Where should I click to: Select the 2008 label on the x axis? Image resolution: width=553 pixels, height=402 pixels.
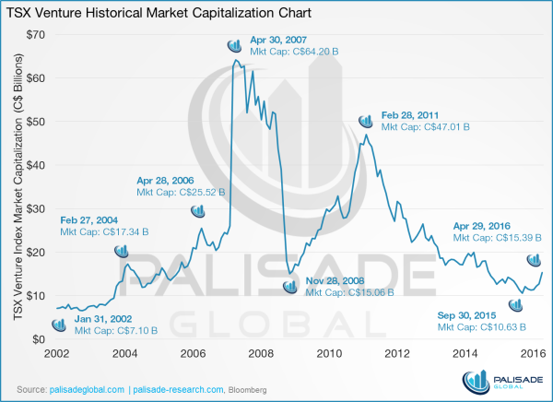pyautogui.click(x=261, y=354)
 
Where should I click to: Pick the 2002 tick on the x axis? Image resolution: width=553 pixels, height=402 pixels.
pyautogui.click(x=56, y=354)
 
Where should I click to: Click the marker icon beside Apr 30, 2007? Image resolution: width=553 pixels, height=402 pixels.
pyautogui.click(x=237, y=45)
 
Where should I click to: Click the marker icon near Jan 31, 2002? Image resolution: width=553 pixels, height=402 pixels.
pyautogui.click(x=59, y=325)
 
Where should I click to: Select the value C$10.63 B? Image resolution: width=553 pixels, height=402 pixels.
pyautogui.click(x=501, y=327)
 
